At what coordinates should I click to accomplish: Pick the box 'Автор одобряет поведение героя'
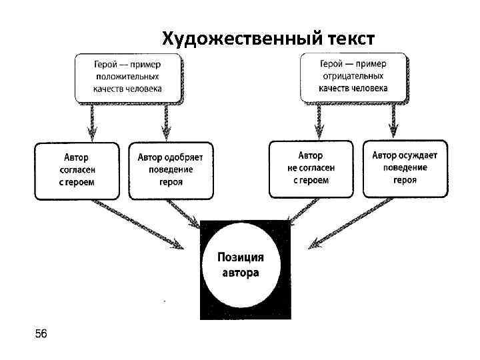click(x=171, y=170)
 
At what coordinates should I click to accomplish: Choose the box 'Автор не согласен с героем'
click(x=310, y=169)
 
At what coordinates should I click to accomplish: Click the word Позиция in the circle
click(x=241, y=257)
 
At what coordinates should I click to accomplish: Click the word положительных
click(x=127, y=77)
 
